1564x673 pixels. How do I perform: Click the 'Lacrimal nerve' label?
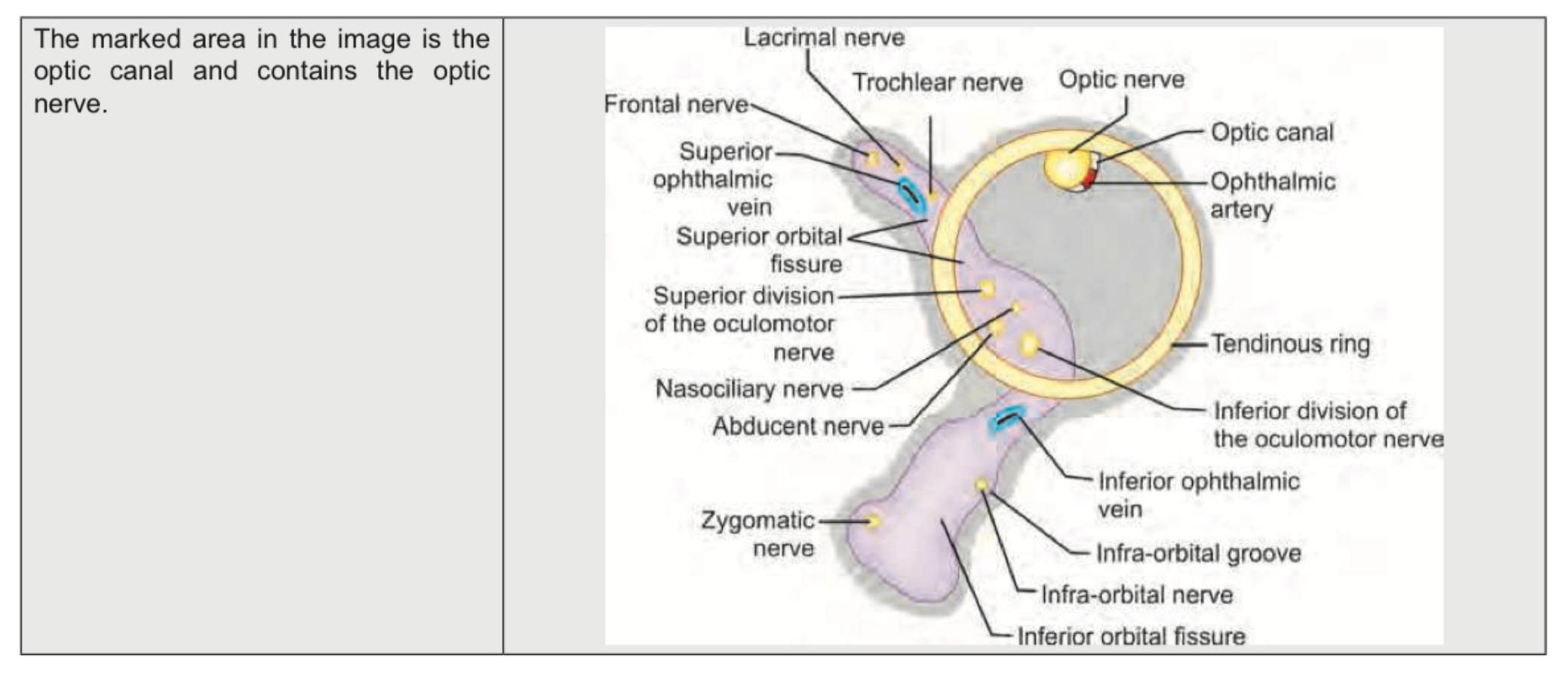coord(824,38)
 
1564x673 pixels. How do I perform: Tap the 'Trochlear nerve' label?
coord(937,82)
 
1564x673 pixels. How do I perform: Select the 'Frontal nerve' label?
coord(676,104)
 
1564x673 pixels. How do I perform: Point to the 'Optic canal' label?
coord(1272,132)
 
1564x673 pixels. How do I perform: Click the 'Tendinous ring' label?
coord(1290,344)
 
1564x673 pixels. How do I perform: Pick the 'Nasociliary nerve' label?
coord(749,389)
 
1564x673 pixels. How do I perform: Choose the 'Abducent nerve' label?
coord(797,426)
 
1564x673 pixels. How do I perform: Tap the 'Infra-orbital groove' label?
coord(1198,554)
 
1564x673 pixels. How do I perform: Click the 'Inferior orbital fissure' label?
coord(1131,636)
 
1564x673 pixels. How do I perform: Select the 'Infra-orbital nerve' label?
coord(1136,595)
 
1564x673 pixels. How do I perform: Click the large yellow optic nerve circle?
coord(1067,168)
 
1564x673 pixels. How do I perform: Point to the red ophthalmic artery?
coord(1089,178)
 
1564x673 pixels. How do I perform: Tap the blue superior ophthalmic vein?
coord(911,194)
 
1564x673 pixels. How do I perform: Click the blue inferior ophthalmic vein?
coord(1006,418)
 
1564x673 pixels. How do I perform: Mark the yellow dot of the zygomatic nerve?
coord(874,521)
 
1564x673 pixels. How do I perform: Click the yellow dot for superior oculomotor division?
coord(986,289)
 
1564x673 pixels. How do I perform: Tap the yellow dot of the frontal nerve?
coord(873,158)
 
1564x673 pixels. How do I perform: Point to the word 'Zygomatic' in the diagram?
coord(757,521)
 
